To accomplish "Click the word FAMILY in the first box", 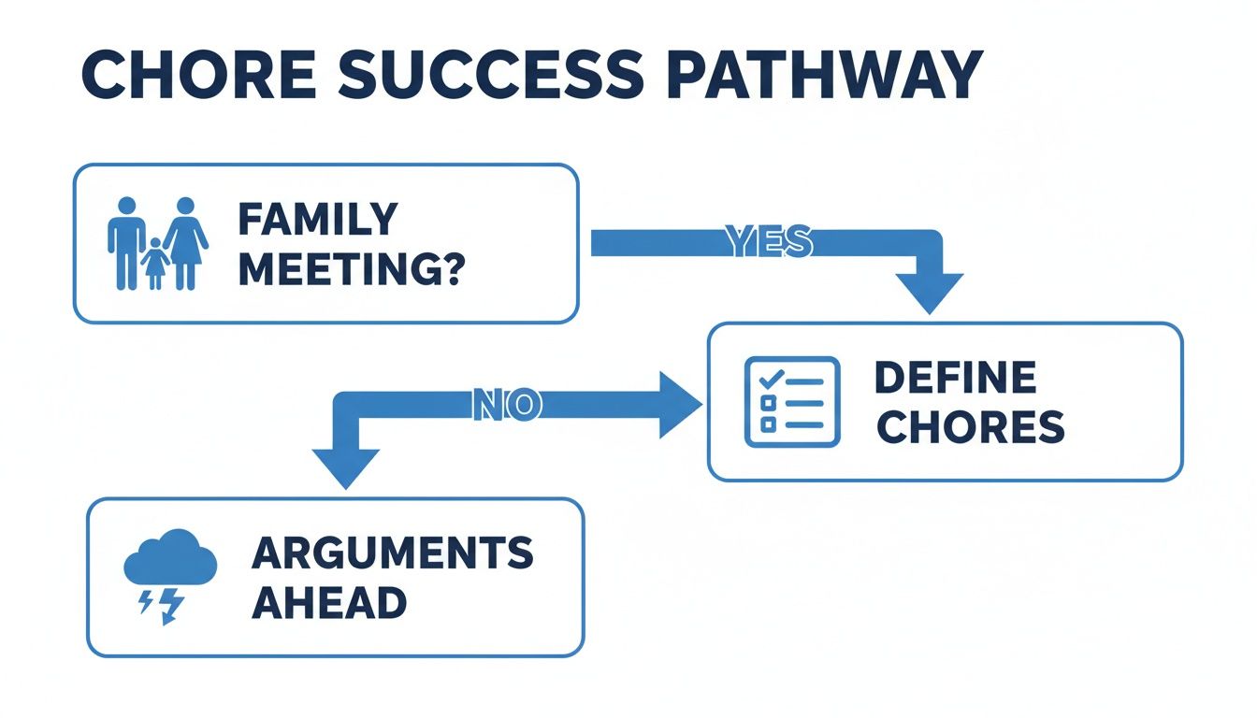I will click(x=317, y=220).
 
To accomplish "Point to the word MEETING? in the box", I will click(x=351, y=270).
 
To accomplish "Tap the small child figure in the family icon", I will click(x=154, y=264).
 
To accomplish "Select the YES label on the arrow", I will click(x=769, y=243).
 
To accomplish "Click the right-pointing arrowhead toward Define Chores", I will click(x=679, y=404).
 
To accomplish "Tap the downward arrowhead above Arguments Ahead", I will click(x=346, y=467).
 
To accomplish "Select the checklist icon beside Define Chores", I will click(x=791, y=401).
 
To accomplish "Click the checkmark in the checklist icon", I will click(x=771, y=380).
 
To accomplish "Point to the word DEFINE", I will click(x=955, y=378).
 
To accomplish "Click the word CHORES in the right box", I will click(x=972, y=427).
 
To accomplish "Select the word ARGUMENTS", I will click(x=393, y=553).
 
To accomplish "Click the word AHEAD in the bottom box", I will click(x=329, y=602).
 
